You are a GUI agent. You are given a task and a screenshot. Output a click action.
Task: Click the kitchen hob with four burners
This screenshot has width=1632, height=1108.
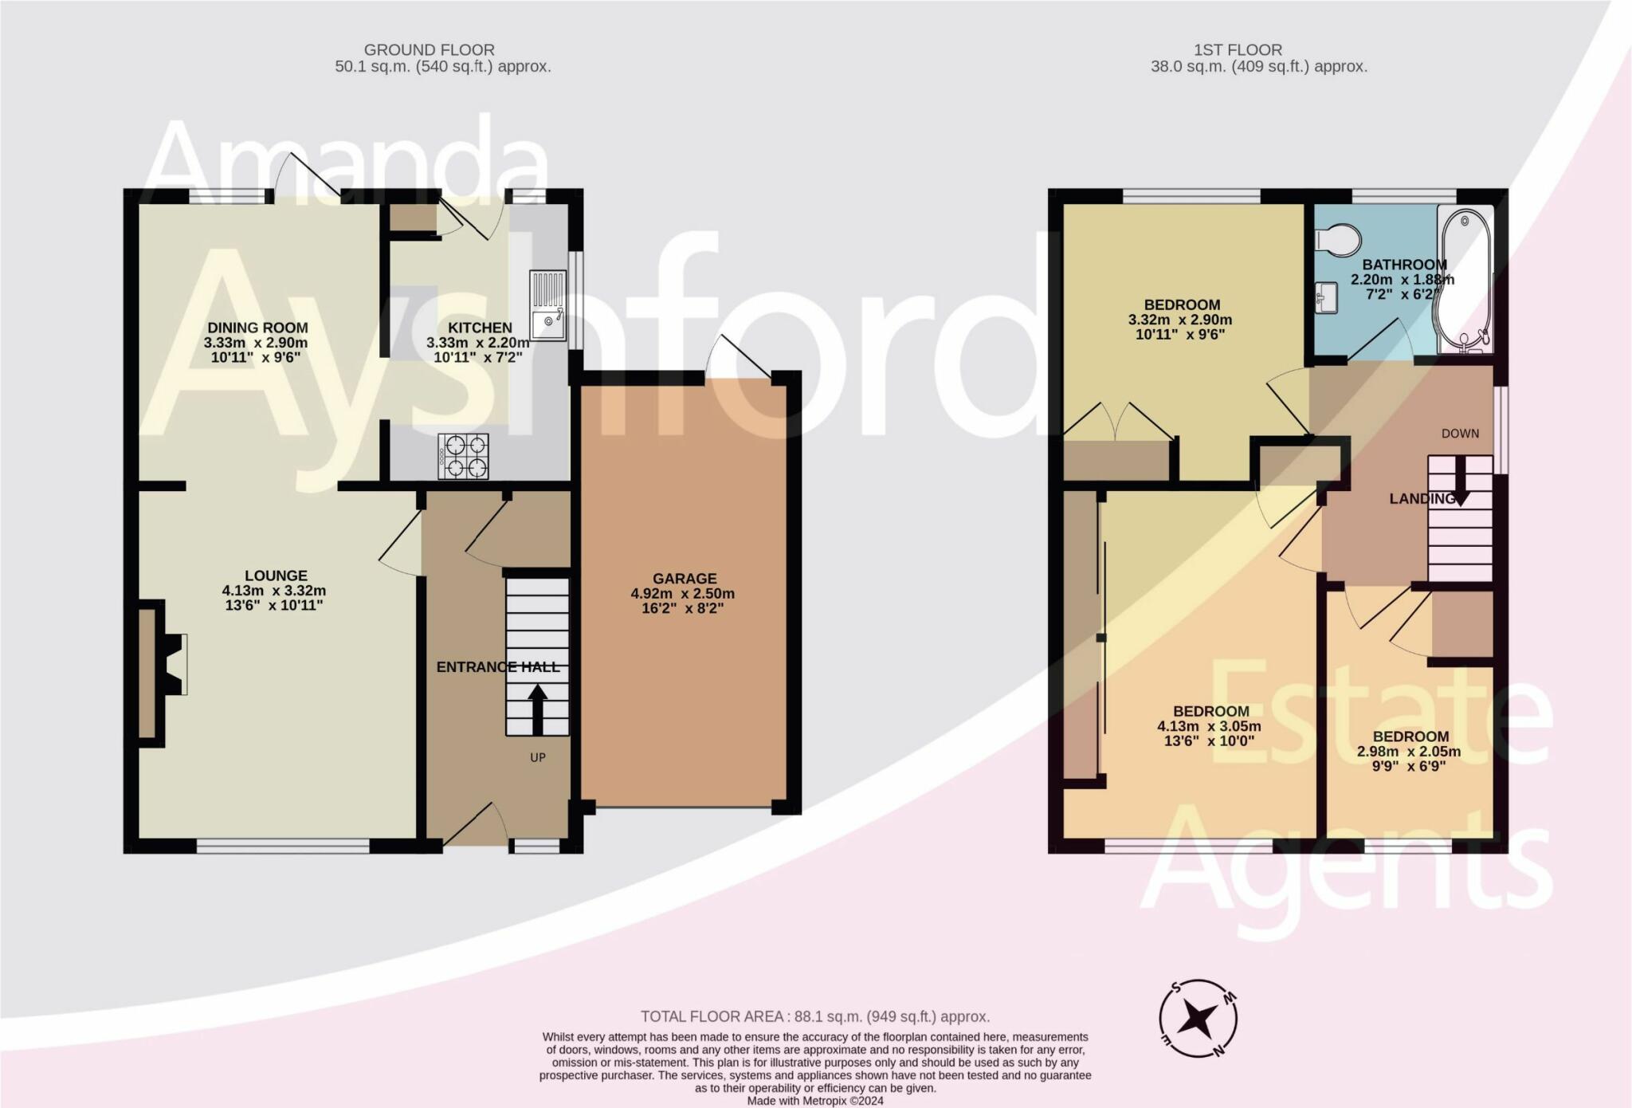463,456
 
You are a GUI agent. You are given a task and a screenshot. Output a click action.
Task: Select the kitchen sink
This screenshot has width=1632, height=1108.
548,305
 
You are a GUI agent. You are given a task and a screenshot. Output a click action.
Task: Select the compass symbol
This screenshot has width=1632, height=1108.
1198,1018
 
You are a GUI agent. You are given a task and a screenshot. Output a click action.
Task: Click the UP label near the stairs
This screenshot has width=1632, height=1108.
538,757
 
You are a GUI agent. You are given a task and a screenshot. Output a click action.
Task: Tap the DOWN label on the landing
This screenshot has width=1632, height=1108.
1460,434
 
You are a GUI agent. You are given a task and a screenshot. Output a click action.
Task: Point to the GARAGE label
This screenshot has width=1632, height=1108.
685,579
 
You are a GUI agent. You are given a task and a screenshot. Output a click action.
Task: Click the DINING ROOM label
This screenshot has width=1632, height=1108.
257,328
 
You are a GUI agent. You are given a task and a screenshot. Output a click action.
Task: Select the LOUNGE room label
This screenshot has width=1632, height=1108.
276,576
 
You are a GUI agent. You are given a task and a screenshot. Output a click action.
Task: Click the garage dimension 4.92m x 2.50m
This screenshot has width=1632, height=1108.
683,594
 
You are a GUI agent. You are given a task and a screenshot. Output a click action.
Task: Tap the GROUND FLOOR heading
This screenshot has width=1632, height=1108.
429,50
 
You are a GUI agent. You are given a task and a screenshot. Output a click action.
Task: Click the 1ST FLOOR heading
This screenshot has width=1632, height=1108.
1237,50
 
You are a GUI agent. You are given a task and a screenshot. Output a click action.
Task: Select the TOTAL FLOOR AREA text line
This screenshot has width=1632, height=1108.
815,1016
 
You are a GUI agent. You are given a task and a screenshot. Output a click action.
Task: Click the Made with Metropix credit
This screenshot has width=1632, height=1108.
814,1101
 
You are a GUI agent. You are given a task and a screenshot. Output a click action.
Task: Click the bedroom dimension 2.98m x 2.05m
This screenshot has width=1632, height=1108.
1409,752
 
